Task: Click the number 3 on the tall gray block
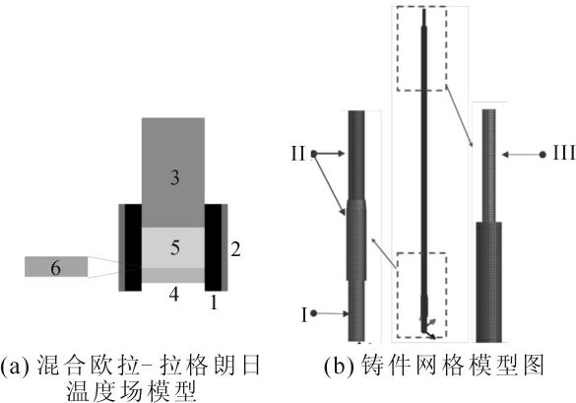(175, 177)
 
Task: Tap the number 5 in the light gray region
(175, 247)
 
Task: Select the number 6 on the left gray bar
(55, 267)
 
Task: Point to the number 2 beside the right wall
(235, 249)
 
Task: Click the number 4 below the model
(174, 295)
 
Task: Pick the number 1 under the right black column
(214, 302)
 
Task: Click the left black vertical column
(133, 247)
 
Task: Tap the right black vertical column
(213, 247)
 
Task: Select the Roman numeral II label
(298, 154)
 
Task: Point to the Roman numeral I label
(304, 315)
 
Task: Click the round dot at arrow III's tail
(543, 155)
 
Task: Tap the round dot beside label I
(314, 313)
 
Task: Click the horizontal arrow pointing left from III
(521, 155)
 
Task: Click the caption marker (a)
(15, 366)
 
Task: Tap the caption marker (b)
(340, 366)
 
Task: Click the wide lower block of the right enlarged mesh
(489, 282)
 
